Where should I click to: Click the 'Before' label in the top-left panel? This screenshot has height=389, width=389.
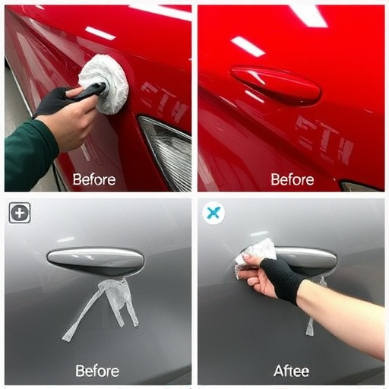click(x=93, y=180)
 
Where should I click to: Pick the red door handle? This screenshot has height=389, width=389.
click(x=275, y=84)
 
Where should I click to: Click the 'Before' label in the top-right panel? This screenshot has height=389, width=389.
click(x=292, y=180)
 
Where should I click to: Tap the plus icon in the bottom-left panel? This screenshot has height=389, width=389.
click(x=20, y=213)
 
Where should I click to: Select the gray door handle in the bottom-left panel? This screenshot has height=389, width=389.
click(x=95, y=261)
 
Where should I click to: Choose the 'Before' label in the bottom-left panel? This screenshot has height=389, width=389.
click(x=96, y=371)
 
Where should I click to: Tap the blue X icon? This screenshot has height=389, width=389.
click(x=213, y=213)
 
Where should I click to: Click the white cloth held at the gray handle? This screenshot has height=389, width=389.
click(x=256, y=251)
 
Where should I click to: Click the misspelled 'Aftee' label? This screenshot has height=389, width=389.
click(x=292, y=371)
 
